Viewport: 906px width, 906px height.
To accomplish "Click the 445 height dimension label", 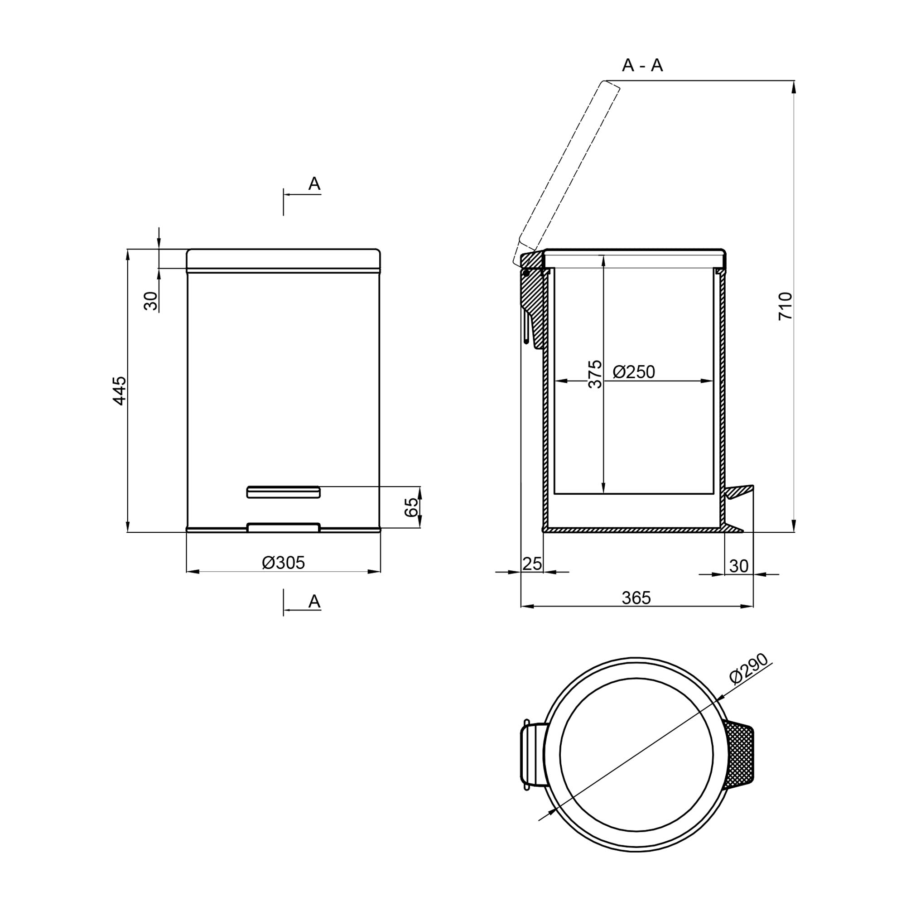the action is click(120, 390).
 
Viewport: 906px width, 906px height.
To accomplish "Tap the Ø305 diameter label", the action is click(283, 563).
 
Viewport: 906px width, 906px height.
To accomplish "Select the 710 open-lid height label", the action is click(785, 306).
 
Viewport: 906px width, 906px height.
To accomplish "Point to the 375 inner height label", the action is click(595, 374).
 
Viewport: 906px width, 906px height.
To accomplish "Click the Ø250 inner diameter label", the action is click(634, 372).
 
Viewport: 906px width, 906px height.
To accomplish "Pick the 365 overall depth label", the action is click(636, 598).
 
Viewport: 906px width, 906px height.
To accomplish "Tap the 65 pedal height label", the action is click(411, 507).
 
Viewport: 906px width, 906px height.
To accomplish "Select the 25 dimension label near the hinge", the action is click(532, 564).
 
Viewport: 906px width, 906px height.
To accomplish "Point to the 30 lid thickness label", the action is click(151, 301).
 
